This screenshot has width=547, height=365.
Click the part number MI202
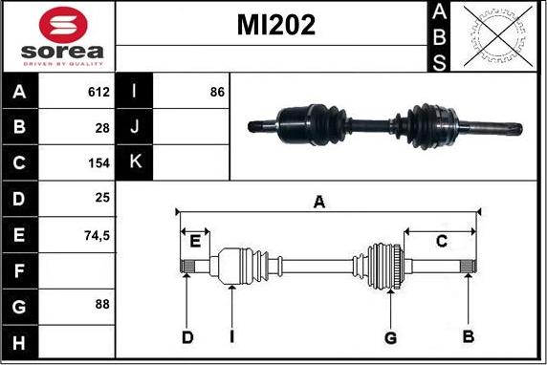point(276,25)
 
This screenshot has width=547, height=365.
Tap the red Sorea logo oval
point(63,25)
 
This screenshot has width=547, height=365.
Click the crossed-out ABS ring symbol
point(498,36)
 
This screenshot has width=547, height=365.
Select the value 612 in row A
point(98,92)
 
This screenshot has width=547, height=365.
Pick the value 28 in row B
point(102,128)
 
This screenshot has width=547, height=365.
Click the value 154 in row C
point(99,163)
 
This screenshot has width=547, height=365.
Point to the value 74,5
point(97,236)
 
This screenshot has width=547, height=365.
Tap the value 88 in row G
point(102,304)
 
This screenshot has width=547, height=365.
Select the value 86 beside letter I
point(217,92)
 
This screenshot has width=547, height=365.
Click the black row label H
point(19,343)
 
